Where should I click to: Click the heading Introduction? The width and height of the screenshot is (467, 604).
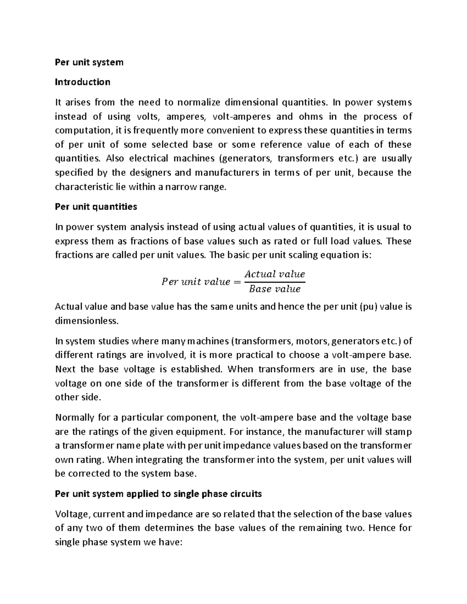pyautogui.click(x=83, y=82)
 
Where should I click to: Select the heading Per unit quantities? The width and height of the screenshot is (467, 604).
pyautogui.click(x=96, y=207)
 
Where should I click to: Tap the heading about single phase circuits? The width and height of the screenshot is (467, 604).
pyautogui.click(x=158, y=494)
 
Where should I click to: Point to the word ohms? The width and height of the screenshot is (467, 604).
pyautogui.click(x=310, y=117)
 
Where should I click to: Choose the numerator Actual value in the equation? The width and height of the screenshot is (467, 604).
pyautogui.click(x=275, y=274)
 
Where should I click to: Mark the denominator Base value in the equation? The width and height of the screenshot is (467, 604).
pyautogui.click(x=275, y=289)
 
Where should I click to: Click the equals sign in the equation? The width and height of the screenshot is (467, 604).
pyautogui.click(x=237, y=282)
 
